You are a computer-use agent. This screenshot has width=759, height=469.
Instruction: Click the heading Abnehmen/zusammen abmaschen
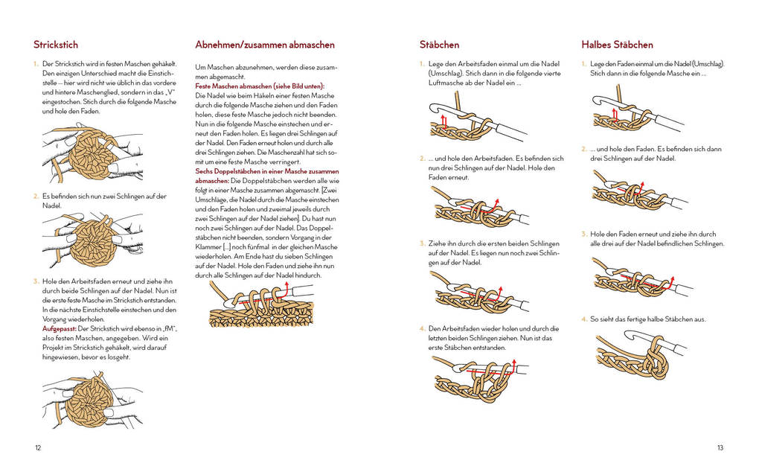(264, 45)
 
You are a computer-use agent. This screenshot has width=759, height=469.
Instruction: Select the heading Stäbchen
(439, 45)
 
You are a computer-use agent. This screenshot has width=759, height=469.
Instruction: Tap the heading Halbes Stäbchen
(617, 45)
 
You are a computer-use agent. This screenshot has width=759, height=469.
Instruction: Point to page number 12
(38, 447)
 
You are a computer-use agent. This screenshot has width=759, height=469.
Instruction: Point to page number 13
(720, 447)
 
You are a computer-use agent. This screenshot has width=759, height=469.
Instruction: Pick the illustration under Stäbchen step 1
(476, 121)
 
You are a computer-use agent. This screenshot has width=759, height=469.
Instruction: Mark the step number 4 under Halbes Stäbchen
(583, 319)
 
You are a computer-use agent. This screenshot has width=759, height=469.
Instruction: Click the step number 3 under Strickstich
(36, 281)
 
